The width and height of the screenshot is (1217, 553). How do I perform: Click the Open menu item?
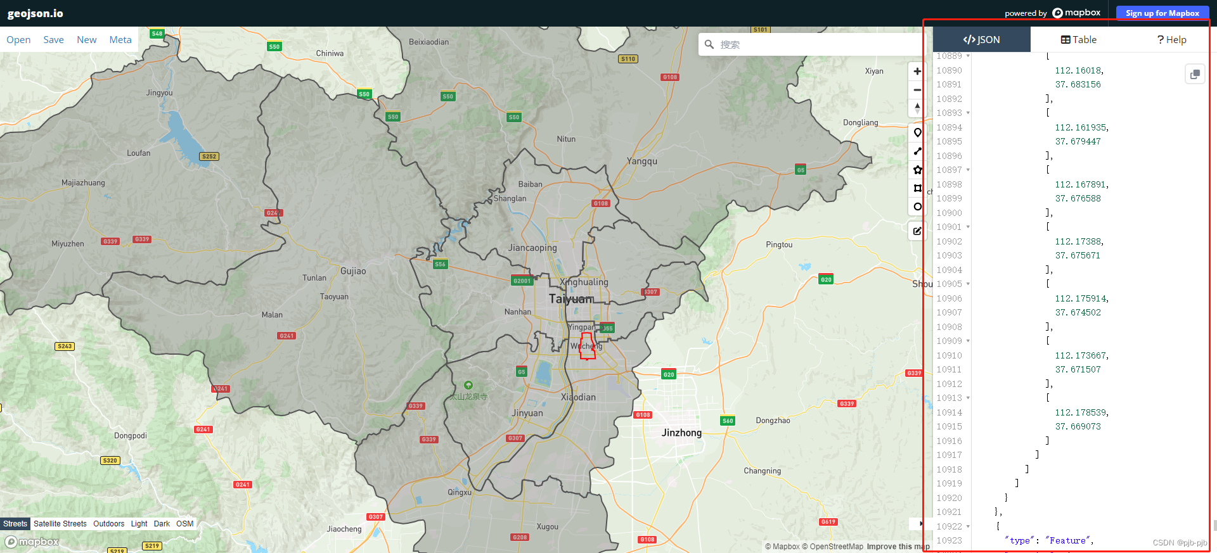pos(18,40)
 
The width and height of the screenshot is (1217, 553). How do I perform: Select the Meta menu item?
pos(120,40)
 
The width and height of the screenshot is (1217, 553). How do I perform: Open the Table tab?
pos(1079,40)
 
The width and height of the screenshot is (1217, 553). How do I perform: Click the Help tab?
pos(1171,40)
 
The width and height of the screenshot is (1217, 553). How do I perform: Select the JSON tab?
pos(981,40)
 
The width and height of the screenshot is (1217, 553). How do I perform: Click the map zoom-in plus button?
pos(917,71)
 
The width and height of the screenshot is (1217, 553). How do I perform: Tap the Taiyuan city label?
pos(571,299)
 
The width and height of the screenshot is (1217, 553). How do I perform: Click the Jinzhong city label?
pos(681,433)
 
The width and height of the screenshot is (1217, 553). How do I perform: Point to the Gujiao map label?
pos(353,271)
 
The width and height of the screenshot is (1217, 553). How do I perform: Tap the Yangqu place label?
pos(642,162)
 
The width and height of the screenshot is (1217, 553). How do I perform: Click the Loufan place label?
pos(139,153)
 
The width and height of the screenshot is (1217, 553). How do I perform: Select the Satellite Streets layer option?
pos(60,524)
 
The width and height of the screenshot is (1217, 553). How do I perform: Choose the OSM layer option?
pos(185,524)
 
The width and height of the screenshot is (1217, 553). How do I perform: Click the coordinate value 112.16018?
pos(1079,70)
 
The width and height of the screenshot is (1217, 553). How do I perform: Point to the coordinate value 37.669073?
pos(1078,426)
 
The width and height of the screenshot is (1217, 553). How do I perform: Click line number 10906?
pos(949,298)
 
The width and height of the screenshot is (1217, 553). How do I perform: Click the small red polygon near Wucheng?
pos(588,347)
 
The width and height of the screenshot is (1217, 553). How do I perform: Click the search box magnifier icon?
pos(709,44)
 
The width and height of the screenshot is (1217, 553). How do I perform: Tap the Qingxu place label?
pos(460,492)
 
